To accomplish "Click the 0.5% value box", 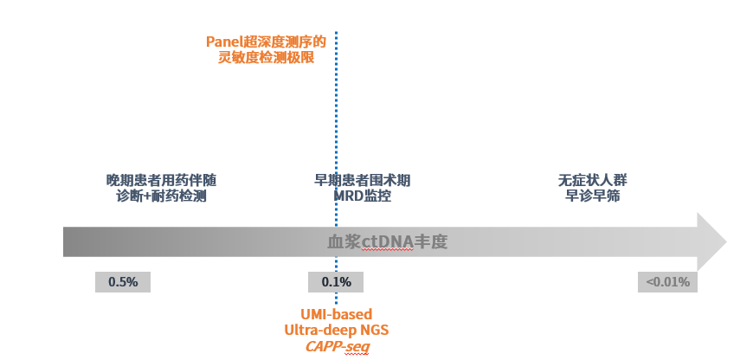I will coord(122,282).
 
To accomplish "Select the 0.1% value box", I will coord(336,282).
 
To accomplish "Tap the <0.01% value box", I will coord(668,282).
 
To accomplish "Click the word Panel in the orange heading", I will coord(223,42).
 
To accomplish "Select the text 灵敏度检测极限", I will coord(266,58).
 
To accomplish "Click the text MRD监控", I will coord(362,196).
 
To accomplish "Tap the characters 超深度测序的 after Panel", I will coord(283,42).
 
